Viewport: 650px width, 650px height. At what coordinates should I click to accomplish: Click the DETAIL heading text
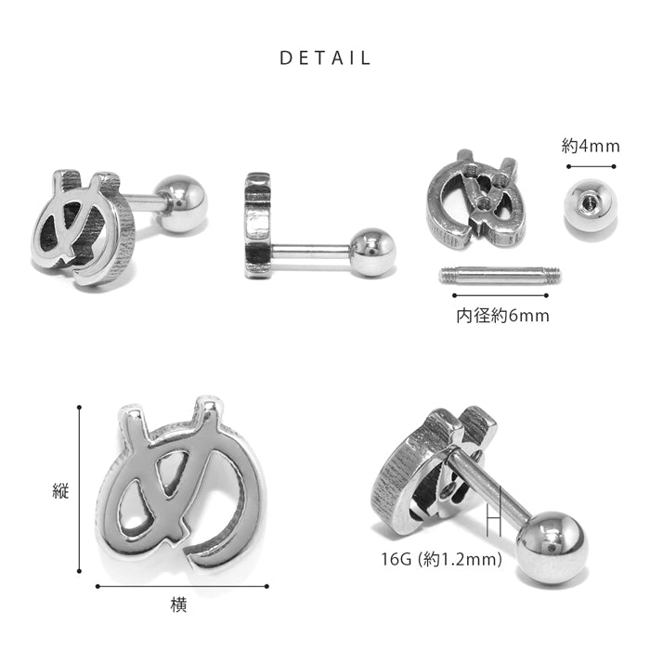325,58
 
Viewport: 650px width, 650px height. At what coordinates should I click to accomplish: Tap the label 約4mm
591,147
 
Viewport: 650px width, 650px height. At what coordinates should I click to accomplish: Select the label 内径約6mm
503,316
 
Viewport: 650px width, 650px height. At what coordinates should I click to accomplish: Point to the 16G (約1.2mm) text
441,559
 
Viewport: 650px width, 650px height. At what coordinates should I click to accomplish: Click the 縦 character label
61,490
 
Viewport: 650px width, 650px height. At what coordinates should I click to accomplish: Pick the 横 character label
178,605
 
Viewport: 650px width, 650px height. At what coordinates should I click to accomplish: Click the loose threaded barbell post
500,275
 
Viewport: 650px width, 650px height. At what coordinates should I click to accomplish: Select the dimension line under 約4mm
591,166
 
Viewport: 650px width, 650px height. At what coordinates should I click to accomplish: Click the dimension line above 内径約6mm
500,295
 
